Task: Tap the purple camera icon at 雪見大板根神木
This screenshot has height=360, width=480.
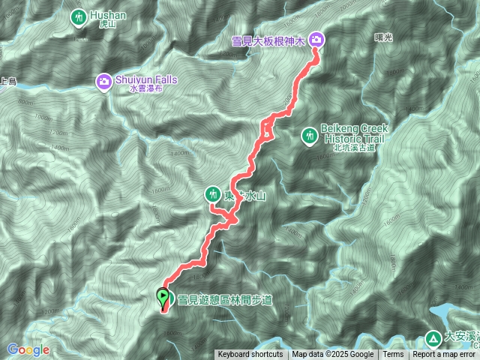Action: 316,38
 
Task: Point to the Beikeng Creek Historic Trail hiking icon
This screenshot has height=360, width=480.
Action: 308,136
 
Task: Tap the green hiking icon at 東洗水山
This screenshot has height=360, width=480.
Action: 213,195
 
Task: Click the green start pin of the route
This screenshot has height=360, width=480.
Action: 163,298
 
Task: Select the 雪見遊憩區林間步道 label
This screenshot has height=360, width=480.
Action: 225,300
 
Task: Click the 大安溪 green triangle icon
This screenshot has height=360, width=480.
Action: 434,338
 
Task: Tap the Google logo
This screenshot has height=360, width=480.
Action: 28,349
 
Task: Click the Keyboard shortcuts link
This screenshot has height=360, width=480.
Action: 250,355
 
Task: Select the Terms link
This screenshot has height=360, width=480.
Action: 393,355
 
